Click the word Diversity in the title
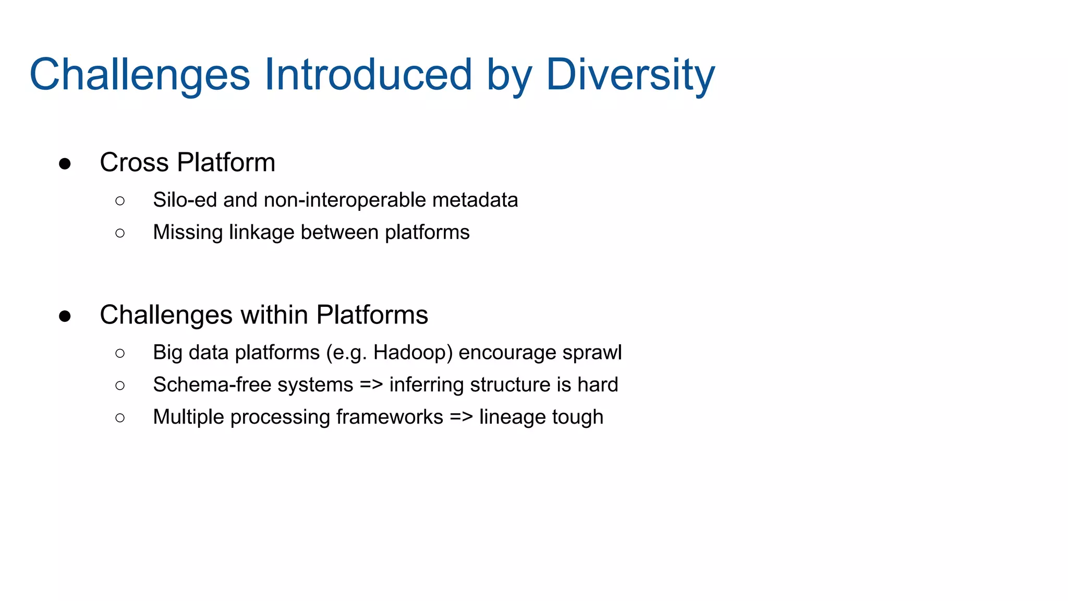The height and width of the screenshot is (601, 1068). (x=630, y=75)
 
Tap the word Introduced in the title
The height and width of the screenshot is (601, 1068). (x=368, y=75)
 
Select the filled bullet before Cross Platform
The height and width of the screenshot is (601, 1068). (x=65, y=164)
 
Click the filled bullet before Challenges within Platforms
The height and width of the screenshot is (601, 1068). (x=65, y=316)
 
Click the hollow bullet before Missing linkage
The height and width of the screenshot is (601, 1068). (x=120, y=233)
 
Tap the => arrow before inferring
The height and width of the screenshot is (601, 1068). (x=371, y=385)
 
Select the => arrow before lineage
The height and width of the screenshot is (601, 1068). (x=461, y=417)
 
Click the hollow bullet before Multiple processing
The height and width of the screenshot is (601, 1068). (x=120, y=417)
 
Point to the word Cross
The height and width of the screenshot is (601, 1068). (x=134, y=163)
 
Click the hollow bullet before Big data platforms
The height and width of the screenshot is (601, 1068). (x=120, y=353)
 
